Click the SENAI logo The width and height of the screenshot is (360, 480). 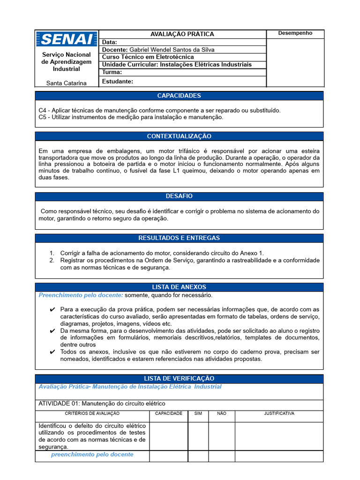67,39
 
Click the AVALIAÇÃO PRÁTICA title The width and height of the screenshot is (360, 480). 182,34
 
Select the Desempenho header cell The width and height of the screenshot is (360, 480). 295,33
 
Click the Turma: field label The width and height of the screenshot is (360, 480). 112,72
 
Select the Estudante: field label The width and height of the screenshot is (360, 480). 118,81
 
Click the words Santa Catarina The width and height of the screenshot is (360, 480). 67,83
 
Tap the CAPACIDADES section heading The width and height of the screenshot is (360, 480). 179,96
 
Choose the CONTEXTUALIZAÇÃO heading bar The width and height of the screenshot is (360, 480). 179,136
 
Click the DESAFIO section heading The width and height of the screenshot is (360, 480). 179,196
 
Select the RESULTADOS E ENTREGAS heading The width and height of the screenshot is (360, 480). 179,238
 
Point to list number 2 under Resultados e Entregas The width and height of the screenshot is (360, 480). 52,260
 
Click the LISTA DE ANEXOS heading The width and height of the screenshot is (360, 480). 179,287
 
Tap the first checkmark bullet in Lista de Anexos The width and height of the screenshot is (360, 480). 52,310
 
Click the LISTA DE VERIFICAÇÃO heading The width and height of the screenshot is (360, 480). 179,378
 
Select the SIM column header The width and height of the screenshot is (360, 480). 198,413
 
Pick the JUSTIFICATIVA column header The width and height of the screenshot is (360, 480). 279,413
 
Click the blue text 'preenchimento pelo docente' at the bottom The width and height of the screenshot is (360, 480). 92,455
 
